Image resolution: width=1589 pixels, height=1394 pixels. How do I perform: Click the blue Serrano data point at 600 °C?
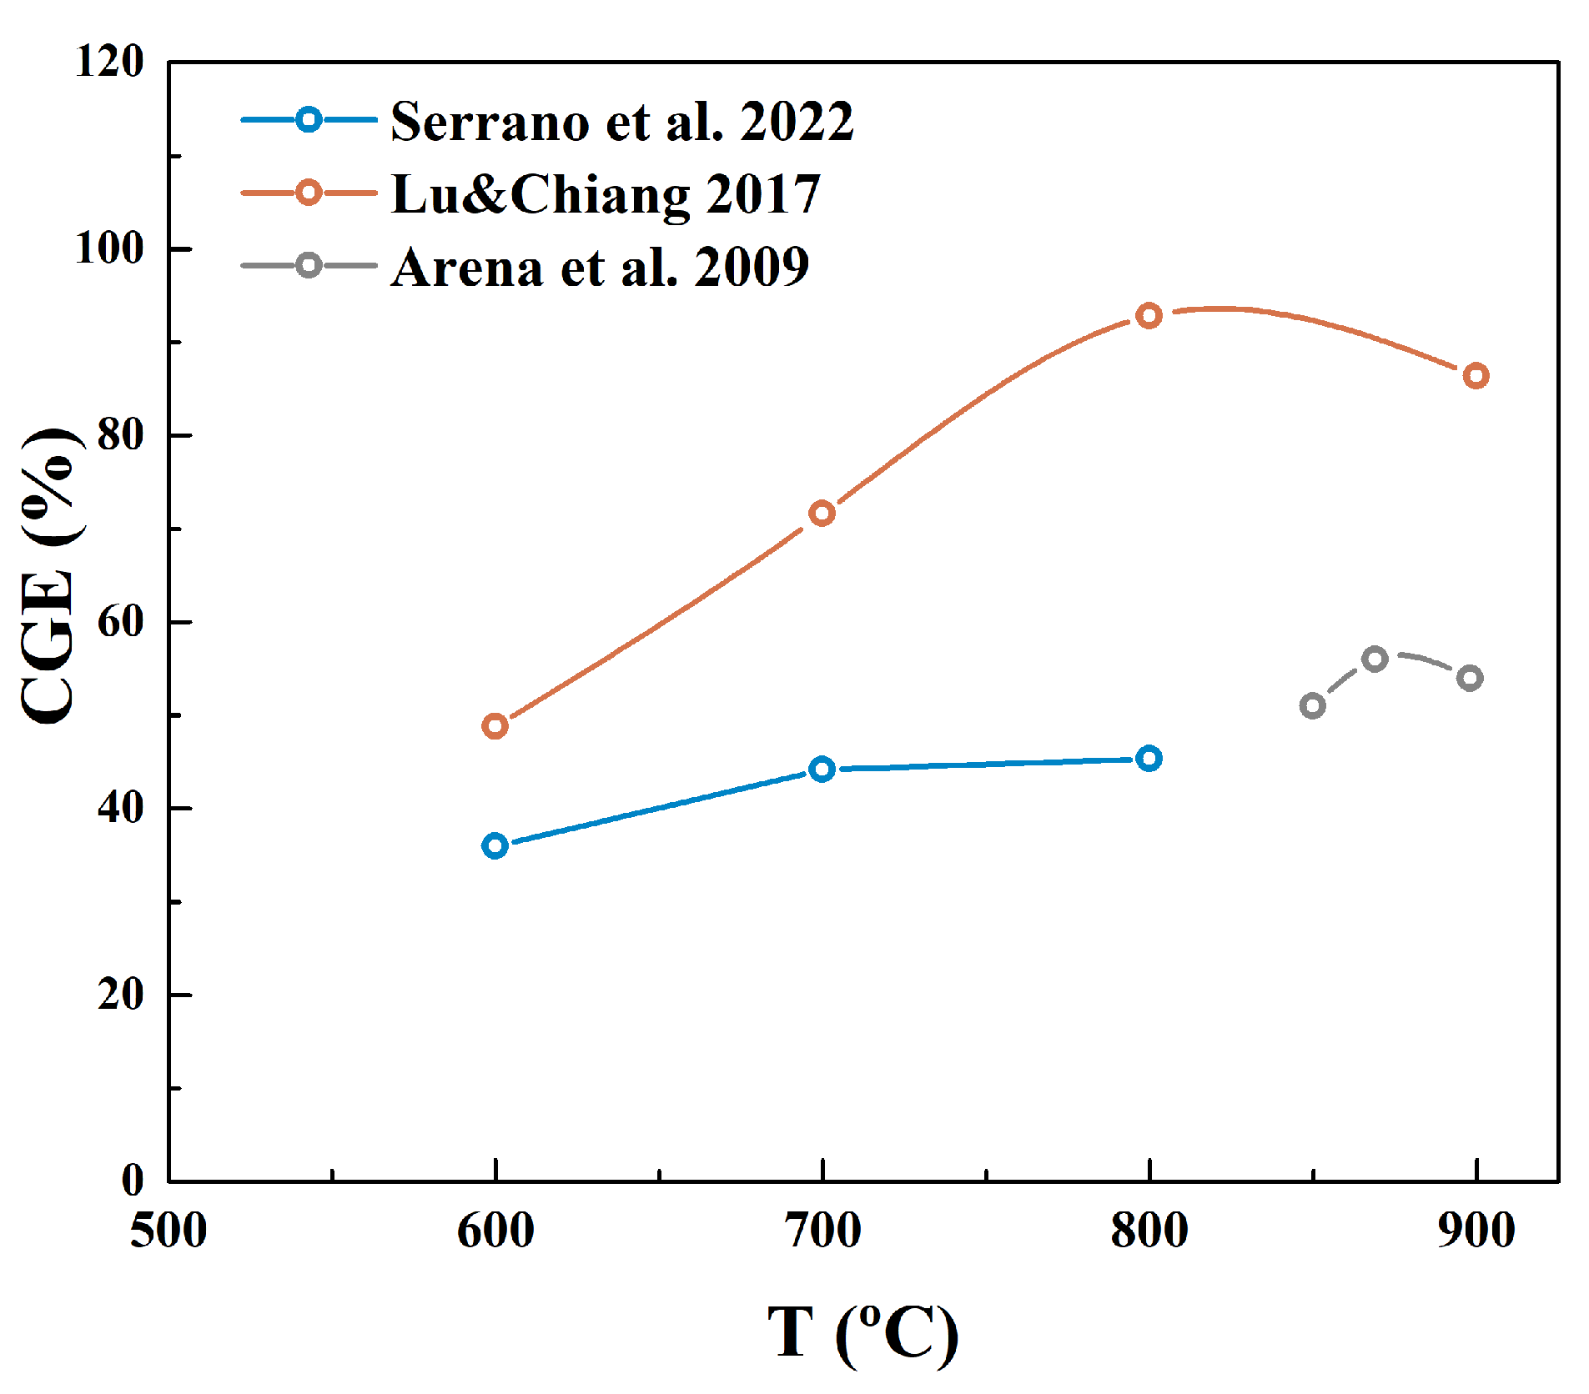(x=495, y=845)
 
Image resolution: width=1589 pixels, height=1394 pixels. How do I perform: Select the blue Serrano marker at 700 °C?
(x=822, y=769)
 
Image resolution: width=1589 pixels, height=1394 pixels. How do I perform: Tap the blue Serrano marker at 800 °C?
(x=1149, y=759)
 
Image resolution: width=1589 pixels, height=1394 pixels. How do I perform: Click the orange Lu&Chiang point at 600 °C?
(x=495, y=726)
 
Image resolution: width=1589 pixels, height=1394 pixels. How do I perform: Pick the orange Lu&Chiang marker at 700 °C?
(x=822, y=513)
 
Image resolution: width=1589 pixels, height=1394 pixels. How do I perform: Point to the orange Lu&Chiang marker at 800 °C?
(x=1149, y=316)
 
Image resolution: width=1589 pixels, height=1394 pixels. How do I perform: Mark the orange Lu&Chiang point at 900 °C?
(x=1476, y=376)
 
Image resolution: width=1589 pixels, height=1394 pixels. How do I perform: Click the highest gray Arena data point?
(x=1375, y=659)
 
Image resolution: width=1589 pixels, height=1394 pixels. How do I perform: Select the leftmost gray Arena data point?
(x=1312, y=706)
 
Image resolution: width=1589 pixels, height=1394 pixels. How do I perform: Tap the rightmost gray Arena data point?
(x=1470, y=678)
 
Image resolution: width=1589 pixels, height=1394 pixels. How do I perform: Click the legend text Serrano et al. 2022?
(x=621, y=122)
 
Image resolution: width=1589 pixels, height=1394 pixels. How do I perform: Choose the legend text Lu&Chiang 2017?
(x=606, y=194)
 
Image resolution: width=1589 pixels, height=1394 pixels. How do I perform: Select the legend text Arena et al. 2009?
(x=600, y=268)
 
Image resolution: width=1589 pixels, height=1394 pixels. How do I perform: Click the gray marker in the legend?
(x=309, y=266)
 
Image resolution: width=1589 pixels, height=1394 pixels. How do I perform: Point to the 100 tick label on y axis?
(x=109, y=248)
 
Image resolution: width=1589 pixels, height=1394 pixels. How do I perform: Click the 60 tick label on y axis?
(x=120, y=622)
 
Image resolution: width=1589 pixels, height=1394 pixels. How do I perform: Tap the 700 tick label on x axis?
(x=822, y=1231)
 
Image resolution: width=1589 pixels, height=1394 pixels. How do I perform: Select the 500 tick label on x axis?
(x=168, y=1231)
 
